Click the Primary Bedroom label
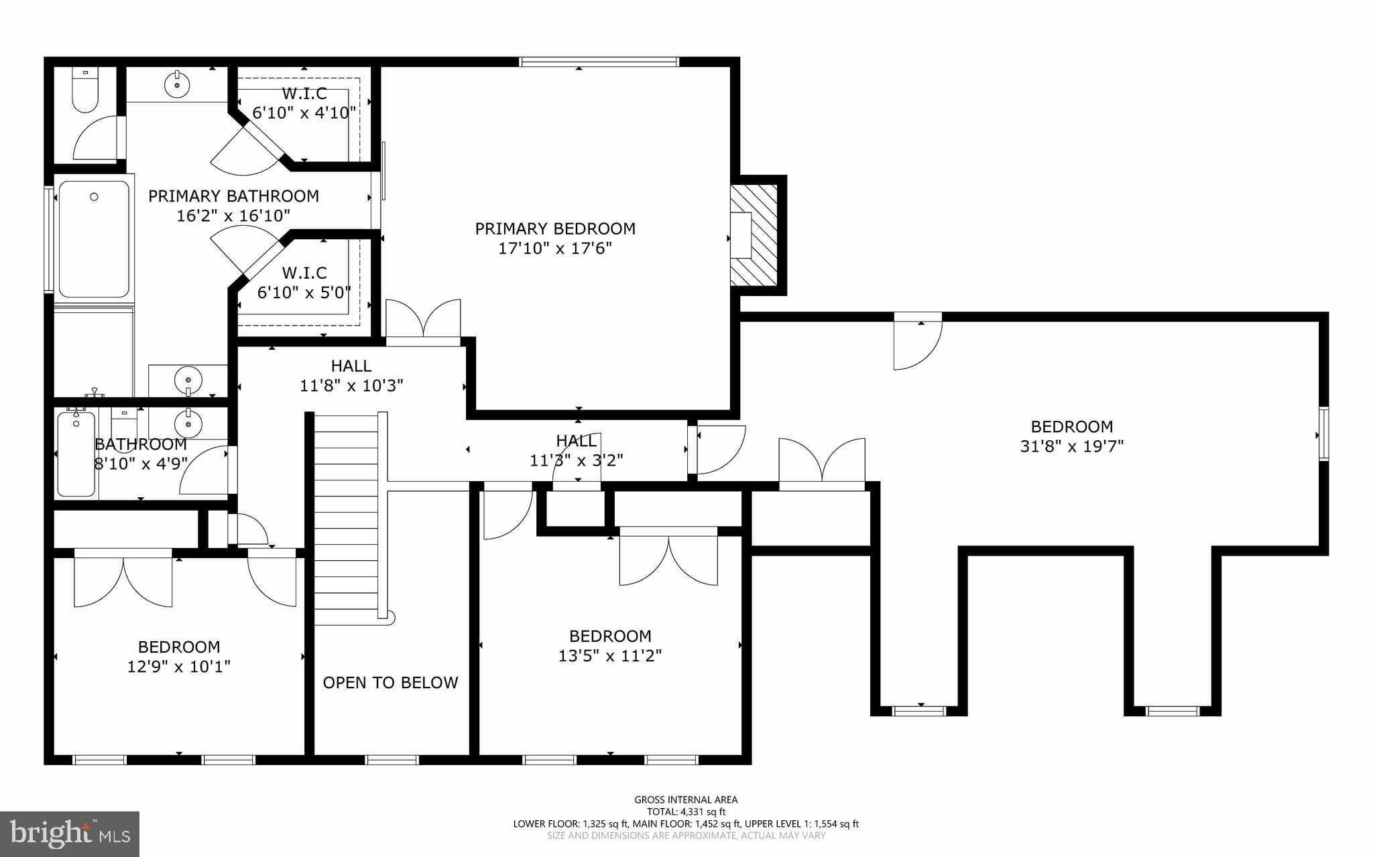click(x=555, y=228)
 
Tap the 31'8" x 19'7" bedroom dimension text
click(x=1071, y=446)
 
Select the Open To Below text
click(x=390, y=683)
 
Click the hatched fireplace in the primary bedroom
click(x=754, y=235)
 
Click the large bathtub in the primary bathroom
click(x=94, y=239)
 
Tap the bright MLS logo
click(x=70, y=834)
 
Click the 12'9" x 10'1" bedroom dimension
click(x=179, y=667)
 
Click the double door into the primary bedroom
click(x=424, y=322)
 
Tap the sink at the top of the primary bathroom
click(x=177, y=84)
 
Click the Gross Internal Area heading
click(x=686, y=799)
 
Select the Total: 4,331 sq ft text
click(x=686, y=811)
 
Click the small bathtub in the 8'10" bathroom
click(x=76, y=454)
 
